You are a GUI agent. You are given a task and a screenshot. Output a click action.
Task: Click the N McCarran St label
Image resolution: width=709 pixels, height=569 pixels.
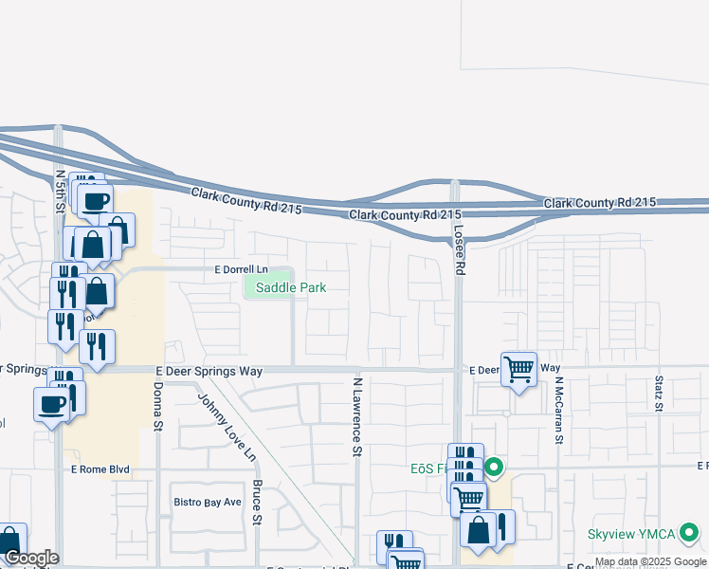coord(560,410)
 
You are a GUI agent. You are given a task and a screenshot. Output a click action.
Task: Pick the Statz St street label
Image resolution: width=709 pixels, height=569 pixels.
coord(659,395)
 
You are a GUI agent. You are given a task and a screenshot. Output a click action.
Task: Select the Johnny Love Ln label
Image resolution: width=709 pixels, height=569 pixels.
coord(227,427)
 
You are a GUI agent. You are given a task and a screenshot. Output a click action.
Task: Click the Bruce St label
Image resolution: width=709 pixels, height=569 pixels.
coord(257,502)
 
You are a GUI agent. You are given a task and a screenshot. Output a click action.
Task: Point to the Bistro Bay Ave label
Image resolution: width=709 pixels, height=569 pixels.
coord(207,501)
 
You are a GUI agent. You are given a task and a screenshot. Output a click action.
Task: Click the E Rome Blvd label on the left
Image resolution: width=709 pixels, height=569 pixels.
coord(100,468)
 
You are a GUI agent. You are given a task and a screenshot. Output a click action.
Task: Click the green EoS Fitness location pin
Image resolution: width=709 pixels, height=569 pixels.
coord(494,468)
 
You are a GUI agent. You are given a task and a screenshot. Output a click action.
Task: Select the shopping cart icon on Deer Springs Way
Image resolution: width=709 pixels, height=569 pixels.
coord(518,369)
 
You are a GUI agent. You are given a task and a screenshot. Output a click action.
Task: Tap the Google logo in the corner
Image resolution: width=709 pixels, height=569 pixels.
coord(30,558)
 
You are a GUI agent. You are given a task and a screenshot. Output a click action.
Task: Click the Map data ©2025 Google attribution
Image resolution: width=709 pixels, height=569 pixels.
coord(650,561)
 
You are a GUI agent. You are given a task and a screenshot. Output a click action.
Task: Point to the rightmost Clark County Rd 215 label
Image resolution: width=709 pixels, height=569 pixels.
coord(600,203)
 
